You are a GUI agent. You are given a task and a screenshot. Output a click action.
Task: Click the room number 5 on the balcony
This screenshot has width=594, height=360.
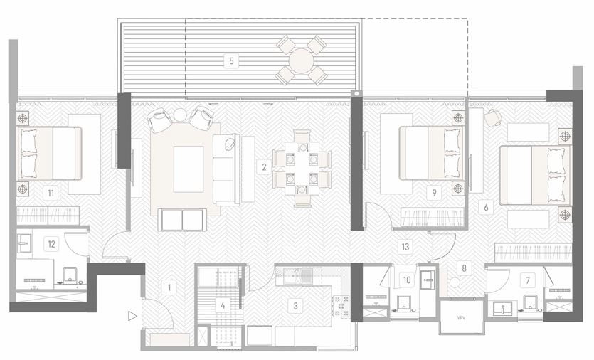pos(231,60)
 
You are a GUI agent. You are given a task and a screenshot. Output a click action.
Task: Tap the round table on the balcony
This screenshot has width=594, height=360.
pos(301,60)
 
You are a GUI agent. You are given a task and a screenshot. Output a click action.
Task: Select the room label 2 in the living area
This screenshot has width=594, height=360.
pos(264,166)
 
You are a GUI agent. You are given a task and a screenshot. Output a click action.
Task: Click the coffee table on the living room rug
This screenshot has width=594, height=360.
pos(189,169)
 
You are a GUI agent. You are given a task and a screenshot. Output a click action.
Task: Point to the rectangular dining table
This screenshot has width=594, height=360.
pos(302,168)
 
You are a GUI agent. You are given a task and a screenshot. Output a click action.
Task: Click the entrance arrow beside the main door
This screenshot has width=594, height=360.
pos(132,316)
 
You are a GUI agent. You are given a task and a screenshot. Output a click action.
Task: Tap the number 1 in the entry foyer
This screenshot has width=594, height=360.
pos(169,287)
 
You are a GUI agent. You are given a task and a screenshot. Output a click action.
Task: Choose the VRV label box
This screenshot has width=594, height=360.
pos(461,318)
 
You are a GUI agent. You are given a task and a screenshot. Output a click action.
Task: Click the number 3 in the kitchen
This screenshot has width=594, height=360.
pos(295,305)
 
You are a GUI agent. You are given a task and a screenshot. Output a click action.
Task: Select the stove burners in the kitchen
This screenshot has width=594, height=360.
pos(341,305)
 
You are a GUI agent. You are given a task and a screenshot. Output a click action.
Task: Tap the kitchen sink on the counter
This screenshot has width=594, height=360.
pos(299,276)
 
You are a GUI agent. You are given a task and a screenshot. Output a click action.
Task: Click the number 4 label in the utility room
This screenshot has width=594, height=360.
pos(223,305)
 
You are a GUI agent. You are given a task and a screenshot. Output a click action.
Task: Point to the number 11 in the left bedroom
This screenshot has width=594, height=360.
pos(51,194)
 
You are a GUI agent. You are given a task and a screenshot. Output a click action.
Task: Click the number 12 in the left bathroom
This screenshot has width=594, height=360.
pos(51,243)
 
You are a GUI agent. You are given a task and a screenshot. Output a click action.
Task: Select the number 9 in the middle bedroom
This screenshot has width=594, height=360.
pos(434,193)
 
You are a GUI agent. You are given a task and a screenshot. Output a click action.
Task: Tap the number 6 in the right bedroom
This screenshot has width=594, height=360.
pos(486,207)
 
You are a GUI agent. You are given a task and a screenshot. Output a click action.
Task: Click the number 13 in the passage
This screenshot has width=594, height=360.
pos(405,247)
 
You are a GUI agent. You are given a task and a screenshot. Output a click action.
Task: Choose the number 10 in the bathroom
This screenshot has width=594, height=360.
pos(406,280)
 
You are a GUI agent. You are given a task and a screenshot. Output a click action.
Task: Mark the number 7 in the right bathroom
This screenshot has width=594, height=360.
pos(528,280)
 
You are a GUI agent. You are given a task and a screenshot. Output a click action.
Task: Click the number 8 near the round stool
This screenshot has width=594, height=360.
pos(464,268)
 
